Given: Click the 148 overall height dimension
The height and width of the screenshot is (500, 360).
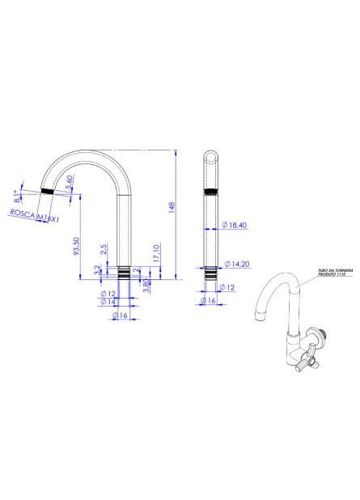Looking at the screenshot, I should coord(172,208).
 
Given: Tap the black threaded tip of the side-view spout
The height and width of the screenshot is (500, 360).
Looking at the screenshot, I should coord(48,190).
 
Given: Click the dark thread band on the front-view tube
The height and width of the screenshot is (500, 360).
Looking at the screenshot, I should coord(210,192).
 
